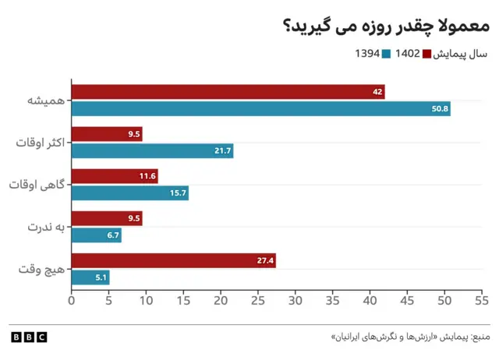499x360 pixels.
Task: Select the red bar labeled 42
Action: tap(228, 92)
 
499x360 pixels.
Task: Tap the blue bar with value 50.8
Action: tap(260, 109)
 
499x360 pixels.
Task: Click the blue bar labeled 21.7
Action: tap(152, 151)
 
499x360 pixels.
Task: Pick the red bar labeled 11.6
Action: tap(115, 176)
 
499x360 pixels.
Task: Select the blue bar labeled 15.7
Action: tap(129, 193)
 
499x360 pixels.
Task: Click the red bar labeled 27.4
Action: tap(173, 260)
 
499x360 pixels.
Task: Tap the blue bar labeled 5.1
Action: tap(90, 277)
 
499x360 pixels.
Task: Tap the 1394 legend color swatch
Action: tap(386, 54)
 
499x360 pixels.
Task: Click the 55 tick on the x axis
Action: tap(481, 299)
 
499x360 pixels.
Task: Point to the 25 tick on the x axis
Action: tap(258, 299)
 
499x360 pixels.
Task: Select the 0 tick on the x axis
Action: tap(72, 299)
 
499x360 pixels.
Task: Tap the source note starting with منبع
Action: tap(411, 337)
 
